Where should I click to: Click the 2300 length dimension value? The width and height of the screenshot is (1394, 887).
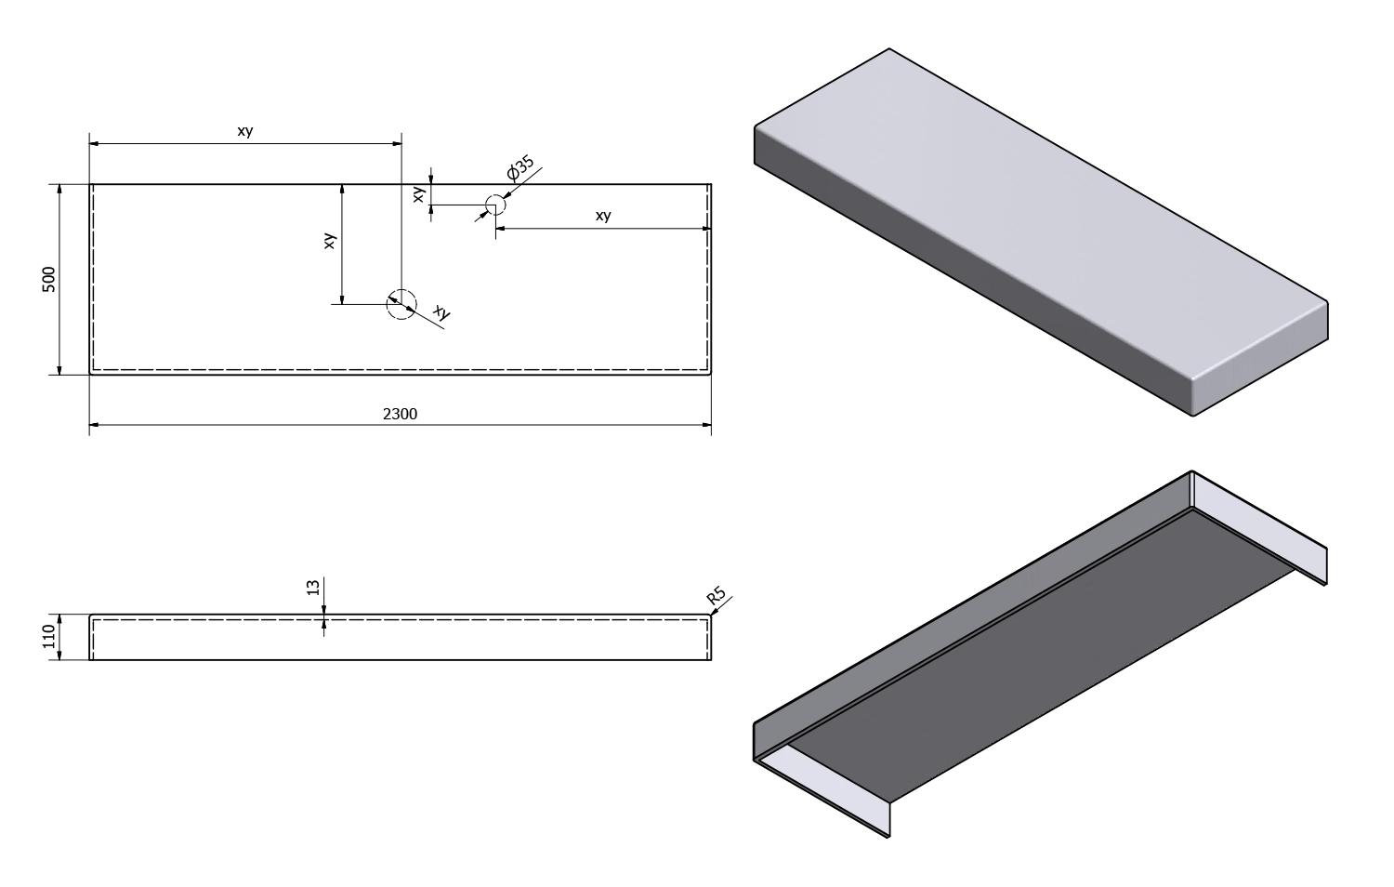pyautogui.click(x=400, y=414)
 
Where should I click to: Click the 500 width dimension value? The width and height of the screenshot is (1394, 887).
pyautogui.click(x=49, y=279)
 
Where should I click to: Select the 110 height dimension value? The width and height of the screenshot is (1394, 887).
pyautogui.click(x=49, y=637)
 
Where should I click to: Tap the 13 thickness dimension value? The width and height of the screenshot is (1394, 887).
pyautogui.click(x=312, y=588)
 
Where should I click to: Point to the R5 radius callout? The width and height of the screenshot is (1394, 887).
pyautogui.click(x=716, y=596)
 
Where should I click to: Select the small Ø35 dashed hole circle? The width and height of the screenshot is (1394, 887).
pyautogui.click(x=495, y=205)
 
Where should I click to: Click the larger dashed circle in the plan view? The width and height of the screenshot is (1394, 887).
pyautogui.click(x=401, y=304)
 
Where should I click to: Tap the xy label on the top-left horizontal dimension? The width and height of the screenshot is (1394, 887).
pyautogui.click(x=244, y=131)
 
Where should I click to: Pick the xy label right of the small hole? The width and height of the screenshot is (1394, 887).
pyautogui.click(x=603, y=216)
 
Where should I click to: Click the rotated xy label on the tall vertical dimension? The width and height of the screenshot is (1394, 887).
pyautogui.click(x=329, y=241)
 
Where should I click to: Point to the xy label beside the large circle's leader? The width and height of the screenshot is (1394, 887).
pyautogui.click(x=442, y=314)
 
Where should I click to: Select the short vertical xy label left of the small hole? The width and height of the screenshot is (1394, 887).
pyautogui.click(x=419, y=194)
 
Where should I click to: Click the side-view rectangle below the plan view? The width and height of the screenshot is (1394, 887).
pyautogui.click(x=400, y=639)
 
